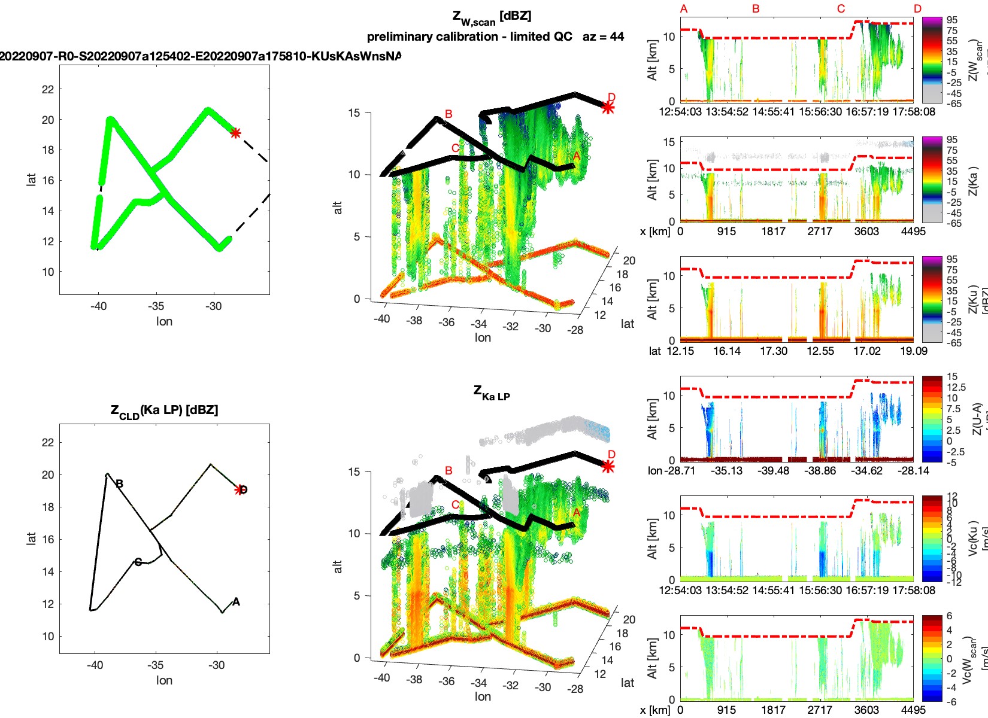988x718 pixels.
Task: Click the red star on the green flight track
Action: (x=235, y=133)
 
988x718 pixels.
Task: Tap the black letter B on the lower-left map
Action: (x=120, y=483)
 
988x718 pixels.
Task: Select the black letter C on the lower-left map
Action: (x=138, y=562)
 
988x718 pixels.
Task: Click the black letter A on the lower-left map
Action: (x=236, y=601)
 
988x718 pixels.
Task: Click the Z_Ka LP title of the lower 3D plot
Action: (x=492, y=393)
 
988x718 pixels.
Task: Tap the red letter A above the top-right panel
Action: (x=684, y=9)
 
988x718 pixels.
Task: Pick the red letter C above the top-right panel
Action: (x=841, y=9)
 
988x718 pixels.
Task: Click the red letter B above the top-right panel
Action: (x=756, y=9)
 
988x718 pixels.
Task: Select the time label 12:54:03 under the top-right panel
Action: (x=680, y=112)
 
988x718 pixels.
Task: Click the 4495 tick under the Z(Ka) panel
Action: (x=913, y=232)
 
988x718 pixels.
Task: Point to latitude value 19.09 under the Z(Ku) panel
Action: (x=913, y=351)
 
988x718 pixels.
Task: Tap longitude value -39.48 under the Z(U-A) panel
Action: (x=774, y=471)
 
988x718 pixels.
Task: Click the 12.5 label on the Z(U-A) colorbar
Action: (x=956, y=387)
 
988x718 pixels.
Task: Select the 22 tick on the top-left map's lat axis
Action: (x=48, y=89)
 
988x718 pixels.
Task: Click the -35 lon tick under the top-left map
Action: (x=156, y=306)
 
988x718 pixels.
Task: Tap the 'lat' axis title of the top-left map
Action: (x=32, y=179)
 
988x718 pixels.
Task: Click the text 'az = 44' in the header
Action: (x=603, y=36)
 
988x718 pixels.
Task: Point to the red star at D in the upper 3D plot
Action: (x=608, y=108)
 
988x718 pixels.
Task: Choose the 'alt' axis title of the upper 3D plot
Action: (x=338, y=207)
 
